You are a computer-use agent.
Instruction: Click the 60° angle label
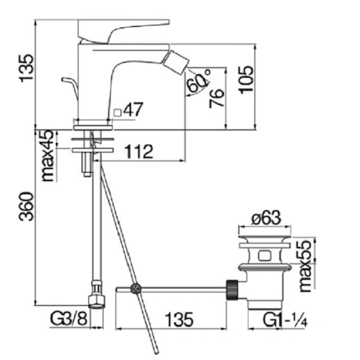tap(199, 81)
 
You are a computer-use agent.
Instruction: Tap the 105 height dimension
tap(246, 80)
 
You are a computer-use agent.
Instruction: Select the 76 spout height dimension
tap(216, 98)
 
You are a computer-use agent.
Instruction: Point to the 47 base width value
tap(133, 109)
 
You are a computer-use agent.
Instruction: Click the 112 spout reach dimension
tap(139, 152)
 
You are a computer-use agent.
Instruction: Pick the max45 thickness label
tap(47, 155)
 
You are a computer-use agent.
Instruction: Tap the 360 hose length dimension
tap(26, 206)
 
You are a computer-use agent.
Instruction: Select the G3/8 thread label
tap(68, 319)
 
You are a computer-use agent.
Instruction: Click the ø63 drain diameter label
tap(266, 218)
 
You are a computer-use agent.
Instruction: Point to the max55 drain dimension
tap(305, 266)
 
